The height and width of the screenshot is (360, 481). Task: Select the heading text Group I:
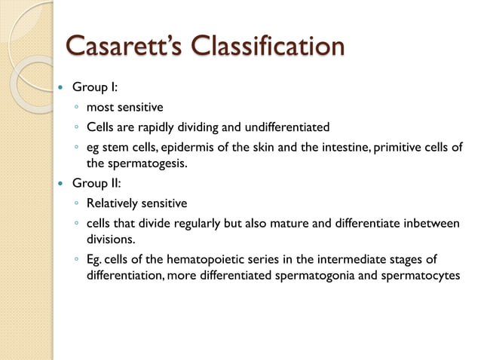[x=94, y=87]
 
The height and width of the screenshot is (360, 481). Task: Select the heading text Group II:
[x=96, y=183]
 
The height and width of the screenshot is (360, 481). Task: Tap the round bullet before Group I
[x=62, y=88]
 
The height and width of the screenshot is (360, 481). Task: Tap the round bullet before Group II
[x=62, y=184]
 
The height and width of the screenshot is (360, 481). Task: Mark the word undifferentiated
[x=287, y=127]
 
